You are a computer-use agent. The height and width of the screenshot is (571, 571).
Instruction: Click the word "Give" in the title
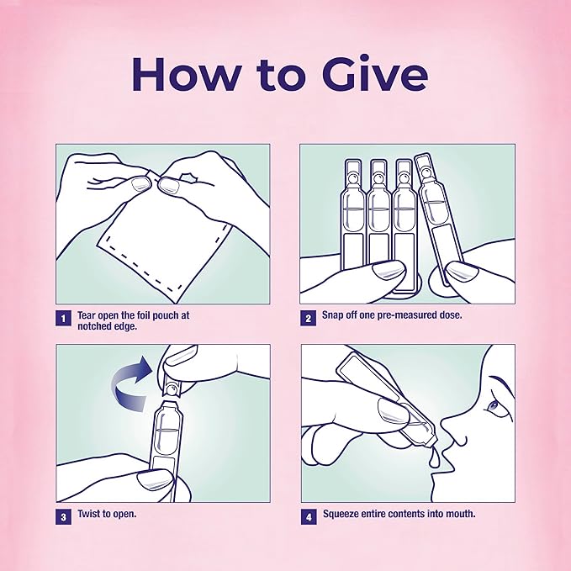375,74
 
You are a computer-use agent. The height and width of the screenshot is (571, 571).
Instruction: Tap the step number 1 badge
63,318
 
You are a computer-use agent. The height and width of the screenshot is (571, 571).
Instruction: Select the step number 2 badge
308,318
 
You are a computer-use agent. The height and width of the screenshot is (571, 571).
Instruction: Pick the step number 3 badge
63,516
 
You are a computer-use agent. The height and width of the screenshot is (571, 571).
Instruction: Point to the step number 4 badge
309,516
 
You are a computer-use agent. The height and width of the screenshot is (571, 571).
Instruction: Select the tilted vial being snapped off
440,219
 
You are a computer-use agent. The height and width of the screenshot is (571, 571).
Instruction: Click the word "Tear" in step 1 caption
87,315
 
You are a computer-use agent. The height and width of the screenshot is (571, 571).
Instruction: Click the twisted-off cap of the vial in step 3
171,387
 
